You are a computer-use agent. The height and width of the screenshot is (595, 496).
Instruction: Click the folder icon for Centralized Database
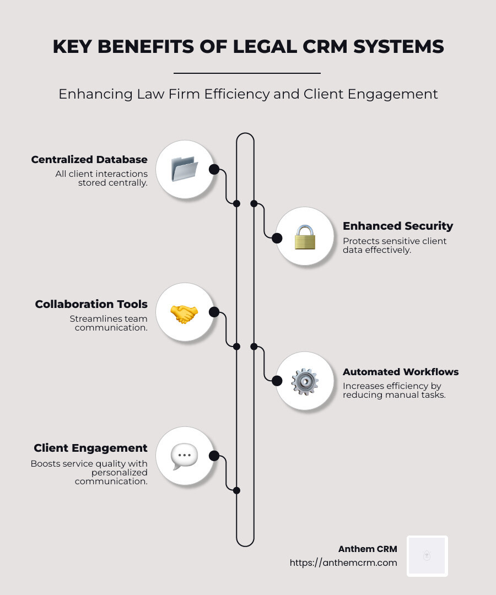tap(184, 169)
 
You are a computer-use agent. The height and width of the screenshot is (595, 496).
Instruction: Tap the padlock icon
tap(304, 237)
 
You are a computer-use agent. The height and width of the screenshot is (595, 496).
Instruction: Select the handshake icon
tap(184, 313)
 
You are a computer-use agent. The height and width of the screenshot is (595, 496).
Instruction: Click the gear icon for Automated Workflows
tap(304, 381)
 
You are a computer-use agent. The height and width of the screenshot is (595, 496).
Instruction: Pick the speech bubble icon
tap(184, 456)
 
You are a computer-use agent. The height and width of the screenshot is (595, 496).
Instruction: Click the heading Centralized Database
tap(89, 160)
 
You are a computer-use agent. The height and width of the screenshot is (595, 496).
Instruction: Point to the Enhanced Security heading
tap(397, 226)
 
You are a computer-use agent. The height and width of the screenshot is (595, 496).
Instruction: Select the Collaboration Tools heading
tap(91, 304)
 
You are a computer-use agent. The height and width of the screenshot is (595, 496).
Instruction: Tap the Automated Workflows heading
tap(400, 372)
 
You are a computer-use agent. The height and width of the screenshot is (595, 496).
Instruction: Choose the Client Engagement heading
tap(90, 448)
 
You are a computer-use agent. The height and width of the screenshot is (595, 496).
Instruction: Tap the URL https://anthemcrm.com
tap(343, 562)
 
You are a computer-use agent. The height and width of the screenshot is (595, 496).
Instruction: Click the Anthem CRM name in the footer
tap(367, 549)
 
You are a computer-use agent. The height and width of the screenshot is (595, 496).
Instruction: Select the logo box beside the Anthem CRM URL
tap(427, 556)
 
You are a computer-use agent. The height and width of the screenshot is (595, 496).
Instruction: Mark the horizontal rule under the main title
tap(247, 73)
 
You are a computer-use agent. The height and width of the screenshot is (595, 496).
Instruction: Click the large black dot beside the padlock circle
tap(277, 238)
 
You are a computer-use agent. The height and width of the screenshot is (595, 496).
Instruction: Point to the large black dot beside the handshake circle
tap(214, 312)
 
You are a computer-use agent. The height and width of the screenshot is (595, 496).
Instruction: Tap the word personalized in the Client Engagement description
tap(120, 472)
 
